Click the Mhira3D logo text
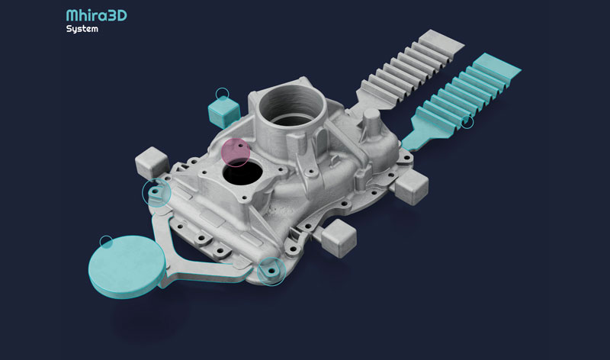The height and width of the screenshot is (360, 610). point(97,15)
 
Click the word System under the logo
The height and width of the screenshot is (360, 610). point(82,29)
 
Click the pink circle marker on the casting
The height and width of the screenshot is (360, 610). point(236,153)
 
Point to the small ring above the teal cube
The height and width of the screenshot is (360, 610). point(222,94)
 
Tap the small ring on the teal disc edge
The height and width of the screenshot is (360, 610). point(106,242)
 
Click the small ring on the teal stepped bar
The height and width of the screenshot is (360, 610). point(467,122)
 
